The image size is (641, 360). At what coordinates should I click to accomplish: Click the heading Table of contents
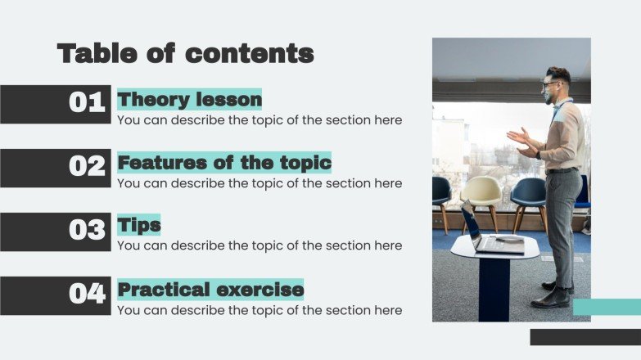(x=185, y=54)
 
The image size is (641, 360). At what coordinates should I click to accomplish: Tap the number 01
(x=87, y=103)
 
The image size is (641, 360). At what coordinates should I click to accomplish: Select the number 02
(x=87, y=167)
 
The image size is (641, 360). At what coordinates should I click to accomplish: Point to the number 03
(x=87, y=230)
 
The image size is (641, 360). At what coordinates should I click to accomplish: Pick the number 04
(x=87, y=293)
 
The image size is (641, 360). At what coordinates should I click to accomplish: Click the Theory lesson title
(x=190, y=100)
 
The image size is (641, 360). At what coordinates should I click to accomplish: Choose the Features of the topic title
(x=224, y=163)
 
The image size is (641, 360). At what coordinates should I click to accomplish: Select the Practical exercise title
(x=210, y=290)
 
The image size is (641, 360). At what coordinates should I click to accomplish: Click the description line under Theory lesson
(x=260, y=120)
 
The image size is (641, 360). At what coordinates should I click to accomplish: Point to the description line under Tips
(x=260, y=245)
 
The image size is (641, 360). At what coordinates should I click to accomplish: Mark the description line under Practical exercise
(x=260, y=310)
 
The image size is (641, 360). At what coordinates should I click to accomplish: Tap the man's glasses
(x=549, y=83)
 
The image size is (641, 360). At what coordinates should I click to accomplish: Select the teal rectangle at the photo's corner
(x=606, y=307)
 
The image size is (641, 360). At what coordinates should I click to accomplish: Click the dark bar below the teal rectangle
(x=585, y=336)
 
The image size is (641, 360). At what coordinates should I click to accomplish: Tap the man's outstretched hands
(x=519, y=140)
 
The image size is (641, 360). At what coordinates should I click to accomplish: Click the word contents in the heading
(x=250, y=54)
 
